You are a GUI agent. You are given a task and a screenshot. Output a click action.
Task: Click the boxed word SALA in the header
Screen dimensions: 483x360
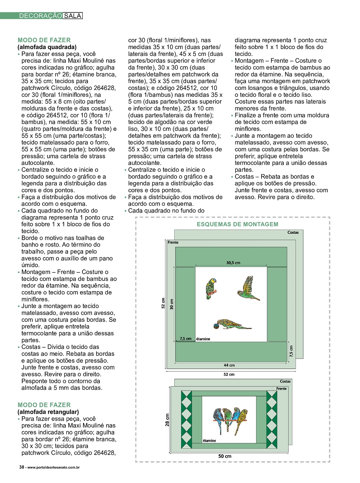72,16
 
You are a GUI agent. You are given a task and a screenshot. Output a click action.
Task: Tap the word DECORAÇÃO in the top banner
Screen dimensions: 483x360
41,16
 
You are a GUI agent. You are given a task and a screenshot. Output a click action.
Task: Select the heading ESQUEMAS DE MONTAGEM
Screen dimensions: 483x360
237,224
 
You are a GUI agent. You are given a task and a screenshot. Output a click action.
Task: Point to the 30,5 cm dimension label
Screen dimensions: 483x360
233,263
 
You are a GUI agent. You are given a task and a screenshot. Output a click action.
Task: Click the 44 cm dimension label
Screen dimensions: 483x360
229,365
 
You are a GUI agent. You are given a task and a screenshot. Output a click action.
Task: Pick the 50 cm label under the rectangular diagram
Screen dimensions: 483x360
225,456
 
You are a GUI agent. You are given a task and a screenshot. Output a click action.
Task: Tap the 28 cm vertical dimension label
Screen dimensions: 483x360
167,420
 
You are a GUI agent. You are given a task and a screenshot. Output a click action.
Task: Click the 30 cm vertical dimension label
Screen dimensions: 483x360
172,304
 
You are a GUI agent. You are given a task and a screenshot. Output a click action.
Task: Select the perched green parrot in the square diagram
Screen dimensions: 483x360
211,288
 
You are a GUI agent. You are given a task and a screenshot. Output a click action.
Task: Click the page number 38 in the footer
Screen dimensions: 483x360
22,467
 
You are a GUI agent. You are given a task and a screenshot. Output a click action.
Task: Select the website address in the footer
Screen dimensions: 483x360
54,467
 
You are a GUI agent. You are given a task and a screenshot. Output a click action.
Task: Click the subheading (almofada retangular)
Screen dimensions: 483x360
48,412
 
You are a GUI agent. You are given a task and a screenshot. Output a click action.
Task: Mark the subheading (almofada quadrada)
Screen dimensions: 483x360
47,47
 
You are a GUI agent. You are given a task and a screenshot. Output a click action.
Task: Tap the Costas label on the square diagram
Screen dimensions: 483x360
293,233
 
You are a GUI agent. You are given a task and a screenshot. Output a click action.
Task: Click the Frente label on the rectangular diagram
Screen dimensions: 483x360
281,388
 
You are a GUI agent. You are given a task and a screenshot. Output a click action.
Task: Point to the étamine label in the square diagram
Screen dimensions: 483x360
203,339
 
